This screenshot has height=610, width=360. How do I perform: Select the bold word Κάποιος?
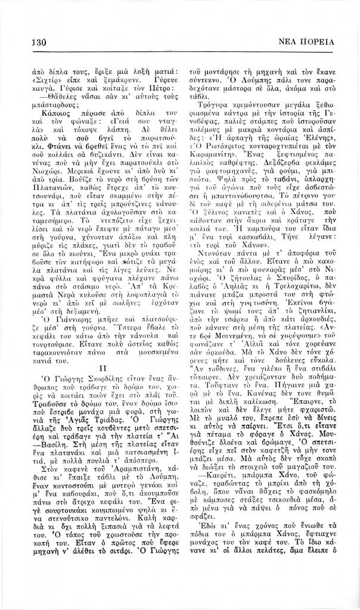[52, 111]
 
